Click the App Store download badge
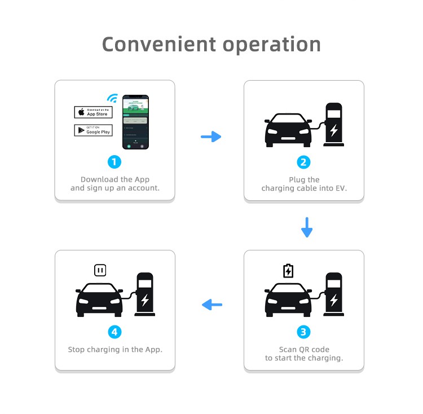pyautogui.click(x=93, y=112)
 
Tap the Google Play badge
pyautogui.click(x=93, y=130)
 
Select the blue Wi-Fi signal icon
pyautogui.click(x=113, y=99)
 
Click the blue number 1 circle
pyautogui.click(x=114, y=162)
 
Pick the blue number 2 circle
pyautogui.click(x=303, y=162)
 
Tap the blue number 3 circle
pyautogui.click(x=303, y=332)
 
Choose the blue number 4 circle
pyautogui.click(x=114, y=332)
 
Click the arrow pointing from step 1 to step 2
pyautogui.click(x=211, y=136)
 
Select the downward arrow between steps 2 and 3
pyautogui.click(x=306, y=227)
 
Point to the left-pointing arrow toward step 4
pyautogui.click(x=212, y=305)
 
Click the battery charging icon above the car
pyautogui.click(x=288, y=271)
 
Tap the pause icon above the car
pyautogui.click(x=100, y=271)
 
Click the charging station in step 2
pyautogui.click(x=334, y=125)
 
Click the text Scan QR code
pyautogui.click(x=304, y=350)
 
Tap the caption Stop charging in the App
pyautogui.click(x=115, y=350)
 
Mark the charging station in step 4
pyautogui.click(x=145, y=294)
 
